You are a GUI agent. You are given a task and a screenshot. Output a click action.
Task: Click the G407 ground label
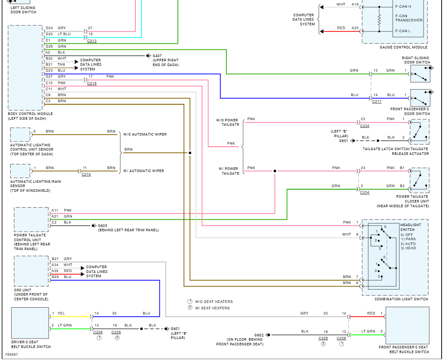tap(157, 56)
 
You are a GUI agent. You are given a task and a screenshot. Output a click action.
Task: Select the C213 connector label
tap(92, 41)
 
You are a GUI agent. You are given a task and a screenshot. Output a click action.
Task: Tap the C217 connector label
tap(376, 101)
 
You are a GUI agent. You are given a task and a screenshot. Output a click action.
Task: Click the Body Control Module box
tap(26, 68)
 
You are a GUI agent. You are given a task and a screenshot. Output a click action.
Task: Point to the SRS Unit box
tap(31, 271)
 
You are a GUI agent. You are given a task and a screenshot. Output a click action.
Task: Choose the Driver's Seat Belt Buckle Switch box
tap(30, 323)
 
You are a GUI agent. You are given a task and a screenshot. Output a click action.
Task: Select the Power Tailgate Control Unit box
tap(31, 220)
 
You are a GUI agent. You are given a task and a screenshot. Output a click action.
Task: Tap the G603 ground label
tap(102, 226)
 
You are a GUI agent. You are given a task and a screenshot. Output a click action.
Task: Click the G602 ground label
tap(259, 335)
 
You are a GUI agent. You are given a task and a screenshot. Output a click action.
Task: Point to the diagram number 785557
tap(11, 354)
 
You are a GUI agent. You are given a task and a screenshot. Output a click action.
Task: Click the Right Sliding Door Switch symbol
tap(420, 74)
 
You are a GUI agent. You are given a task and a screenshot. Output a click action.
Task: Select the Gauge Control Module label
tap(403, 47)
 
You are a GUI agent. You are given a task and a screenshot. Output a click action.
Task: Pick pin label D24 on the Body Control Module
tap(49, 28)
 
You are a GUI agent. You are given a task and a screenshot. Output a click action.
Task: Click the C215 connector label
tap(86, 174)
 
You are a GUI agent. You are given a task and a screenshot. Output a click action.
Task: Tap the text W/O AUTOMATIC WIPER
tap(145, 134)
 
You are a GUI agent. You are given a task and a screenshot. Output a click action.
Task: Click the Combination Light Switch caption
tap(401, 299)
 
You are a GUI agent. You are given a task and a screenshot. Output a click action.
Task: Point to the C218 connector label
tap(92, 83)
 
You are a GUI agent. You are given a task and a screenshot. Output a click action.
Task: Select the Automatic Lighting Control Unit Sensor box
tap(20, 134)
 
